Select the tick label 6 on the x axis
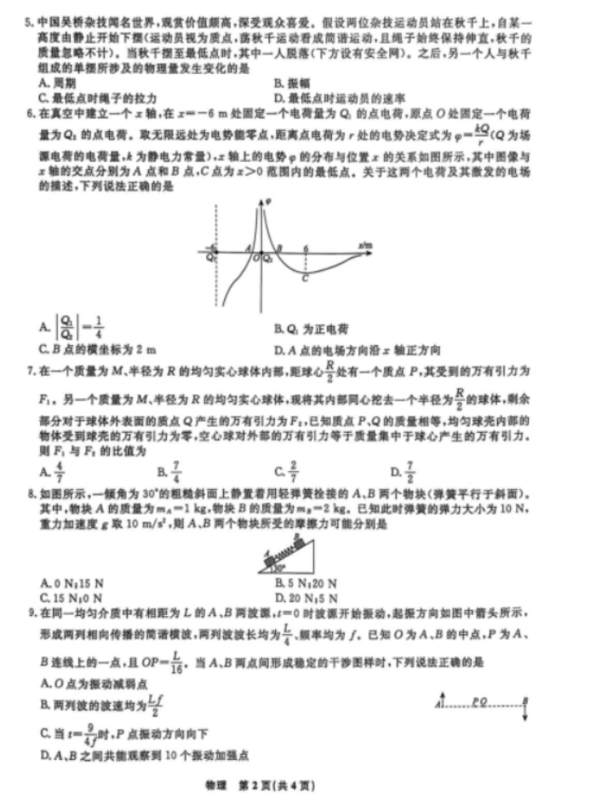click(x=307, y=245)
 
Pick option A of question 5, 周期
click(x=57, y=83)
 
